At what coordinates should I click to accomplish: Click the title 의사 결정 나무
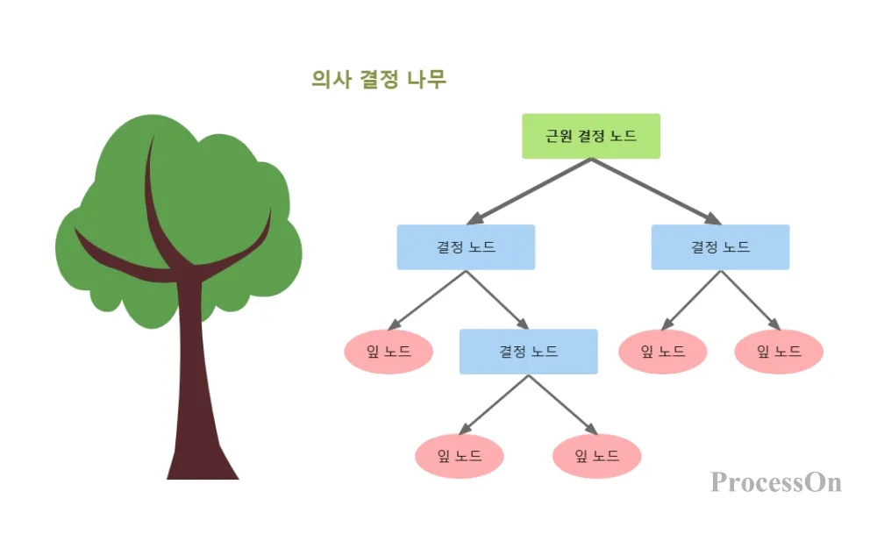379,80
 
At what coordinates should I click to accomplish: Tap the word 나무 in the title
427,80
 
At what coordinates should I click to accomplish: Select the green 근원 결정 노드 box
590,136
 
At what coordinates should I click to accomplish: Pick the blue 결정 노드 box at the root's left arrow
466,247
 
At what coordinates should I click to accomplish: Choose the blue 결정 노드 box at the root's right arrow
720,247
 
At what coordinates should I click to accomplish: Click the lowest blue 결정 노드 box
529,352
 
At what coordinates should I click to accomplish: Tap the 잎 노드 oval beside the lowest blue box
389,352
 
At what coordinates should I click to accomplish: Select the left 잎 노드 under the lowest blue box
460,456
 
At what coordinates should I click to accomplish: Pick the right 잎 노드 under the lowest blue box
596,456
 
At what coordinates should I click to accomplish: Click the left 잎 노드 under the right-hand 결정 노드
662,352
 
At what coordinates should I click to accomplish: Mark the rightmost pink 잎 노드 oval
779,352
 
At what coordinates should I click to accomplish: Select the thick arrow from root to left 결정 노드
531,190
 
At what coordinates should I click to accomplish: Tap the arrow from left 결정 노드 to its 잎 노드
429,299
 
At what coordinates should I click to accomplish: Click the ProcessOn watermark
775,482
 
